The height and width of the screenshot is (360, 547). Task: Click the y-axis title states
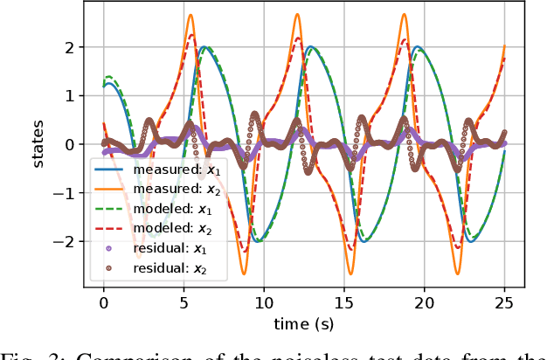tap(39, 145)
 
